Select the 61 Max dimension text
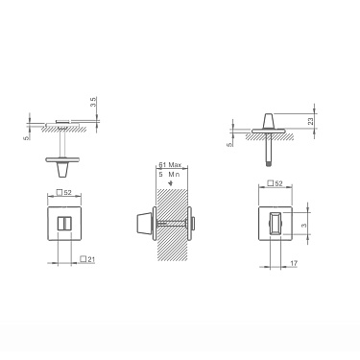click(170, 166)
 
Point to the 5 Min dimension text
click(170, 176)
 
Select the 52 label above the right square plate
click(273, 183)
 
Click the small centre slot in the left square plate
click(65, 223)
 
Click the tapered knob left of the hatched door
click(141, 223)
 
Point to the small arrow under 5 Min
click(169, 184)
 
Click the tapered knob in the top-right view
click(267, 121)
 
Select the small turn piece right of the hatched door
click(195, 223)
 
